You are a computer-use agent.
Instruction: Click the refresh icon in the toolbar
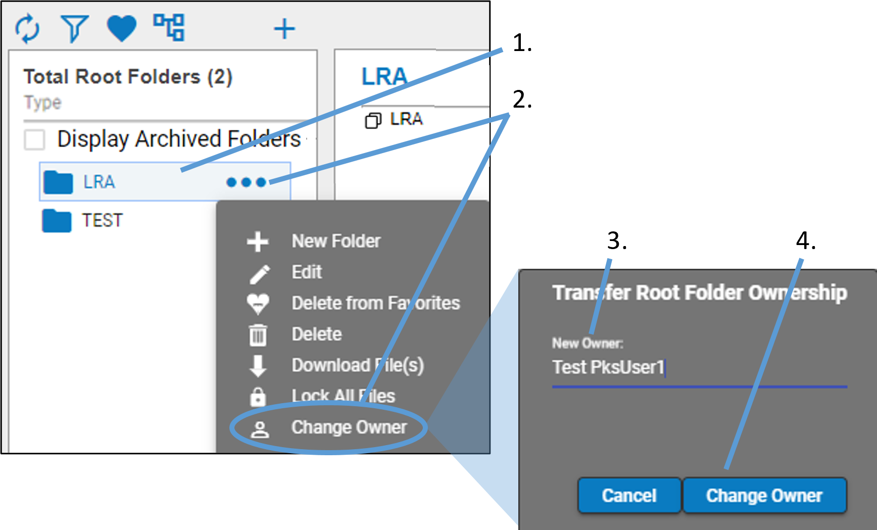[x=27, y=28]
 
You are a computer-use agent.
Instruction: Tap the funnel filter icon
[x=75, y=28]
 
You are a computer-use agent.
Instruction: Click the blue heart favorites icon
[x=122, y=28]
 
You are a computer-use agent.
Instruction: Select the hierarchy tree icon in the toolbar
[x=169, y=27]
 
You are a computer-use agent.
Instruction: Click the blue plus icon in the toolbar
[x=284, y=28]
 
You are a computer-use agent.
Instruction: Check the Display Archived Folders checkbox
[x=35, y=139]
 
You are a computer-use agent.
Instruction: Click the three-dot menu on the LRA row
[x=246, y=182]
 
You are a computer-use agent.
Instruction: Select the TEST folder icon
[x=57, y=220]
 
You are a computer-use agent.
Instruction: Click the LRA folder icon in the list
[x=58, y=182]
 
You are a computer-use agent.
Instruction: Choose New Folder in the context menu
[x=336, y=241]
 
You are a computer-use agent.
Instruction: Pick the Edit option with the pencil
[x=307, y=272]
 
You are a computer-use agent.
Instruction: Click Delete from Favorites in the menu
[x=376, y=303]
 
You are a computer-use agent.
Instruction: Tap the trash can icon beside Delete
[x=258, y=334]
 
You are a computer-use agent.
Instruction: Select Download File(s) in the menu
[x=358, y=365]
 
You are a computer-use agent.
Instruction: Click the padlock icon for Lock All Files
[x=258, y=397]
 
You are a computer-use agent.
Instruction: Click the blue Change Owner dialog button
[x=764, y=496]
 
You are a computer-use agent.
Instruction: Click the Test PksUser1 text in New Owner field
[x=608, y=367]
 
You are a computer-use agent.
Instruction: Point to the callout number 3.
[x=617, y=241]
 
